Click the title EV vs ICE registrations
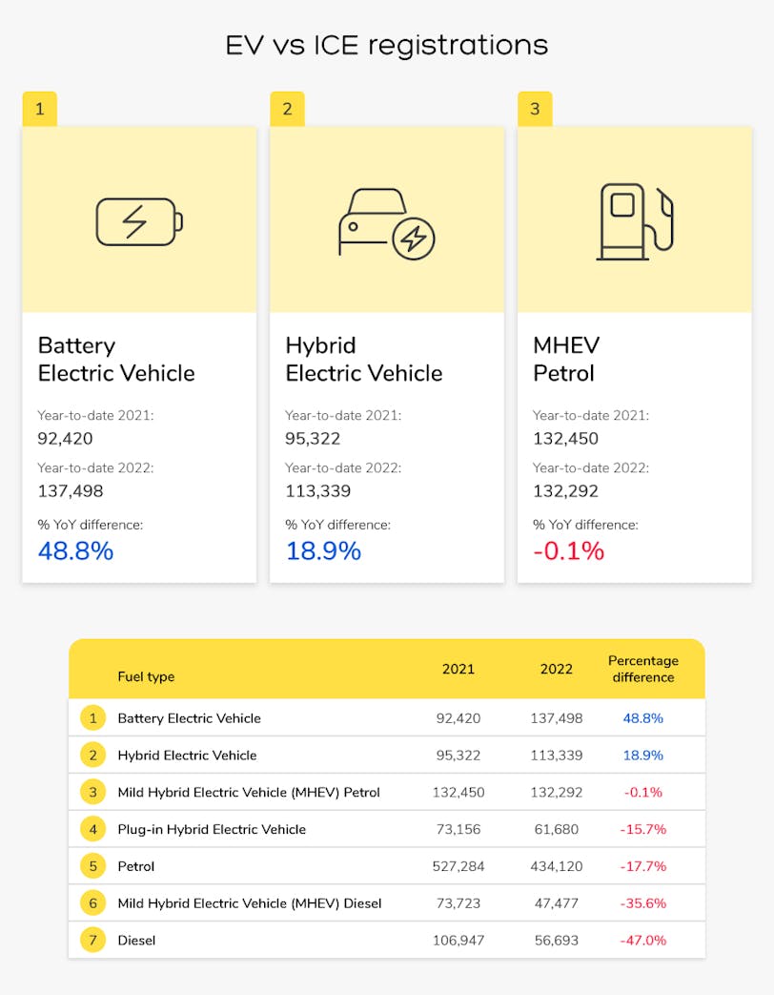[386, 45]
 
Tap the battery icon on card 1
[139, 221]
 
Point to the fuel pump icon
[634, 221]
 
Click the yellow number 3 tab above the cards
[535, 109]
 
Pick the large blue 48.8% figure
[75, 550]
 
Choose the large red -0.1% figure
[568, 550]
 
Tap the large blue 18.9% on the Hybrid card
[323, 550]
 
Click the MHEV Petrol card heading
[566, 359]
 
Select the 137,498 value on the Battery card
[71, 491]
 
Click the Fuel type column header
[146, 676]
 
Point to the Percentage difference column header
[643, 669]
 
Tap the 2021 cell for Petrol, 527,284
[458, 866]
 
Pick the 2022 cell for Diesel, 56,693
[557, 940]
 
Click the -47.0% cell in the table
[643, 940]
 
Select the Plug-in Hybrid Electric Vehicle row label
[212, 829]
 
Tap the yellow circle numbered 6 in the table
[92, 902]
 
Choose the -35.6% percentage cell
[643, 902]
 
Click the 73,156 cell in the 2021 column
[458, 829]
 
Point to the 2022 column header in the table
[557, 669]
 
